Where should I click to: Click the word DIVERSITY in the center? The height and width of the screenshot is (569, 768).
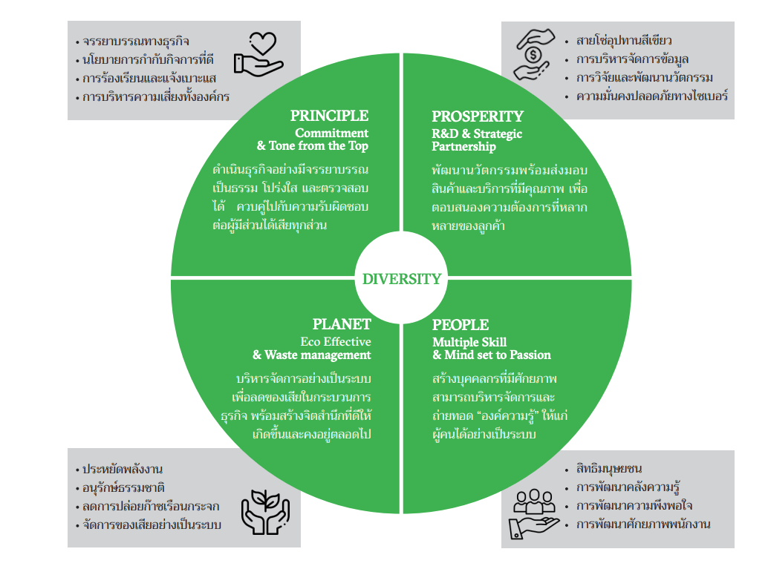point(401,279)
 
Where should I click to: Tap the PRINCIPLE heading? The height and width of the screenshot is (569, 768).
point(329,116)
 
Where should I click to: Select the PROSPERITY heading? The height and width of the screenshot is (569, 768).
point(478,116)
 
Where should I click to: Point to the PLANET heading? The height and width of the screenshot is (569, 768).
point(342,324)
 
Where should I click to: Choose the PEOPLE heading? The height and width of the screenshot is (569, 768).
point(461,325)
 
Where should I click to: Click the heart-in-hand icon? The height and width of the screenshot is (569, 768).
point(258,53)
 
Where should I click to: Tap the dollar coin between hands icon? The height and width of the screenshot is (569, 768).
point(533,54)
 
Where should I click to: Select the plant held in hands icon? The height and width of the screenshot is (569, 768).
point(264,512)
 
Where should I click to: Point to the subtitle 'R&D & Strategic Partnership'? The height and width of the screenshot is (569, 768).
point(477,140)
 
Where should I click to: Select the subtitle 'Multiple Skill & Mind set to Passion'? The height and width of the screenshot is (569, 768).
point(492,349)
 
